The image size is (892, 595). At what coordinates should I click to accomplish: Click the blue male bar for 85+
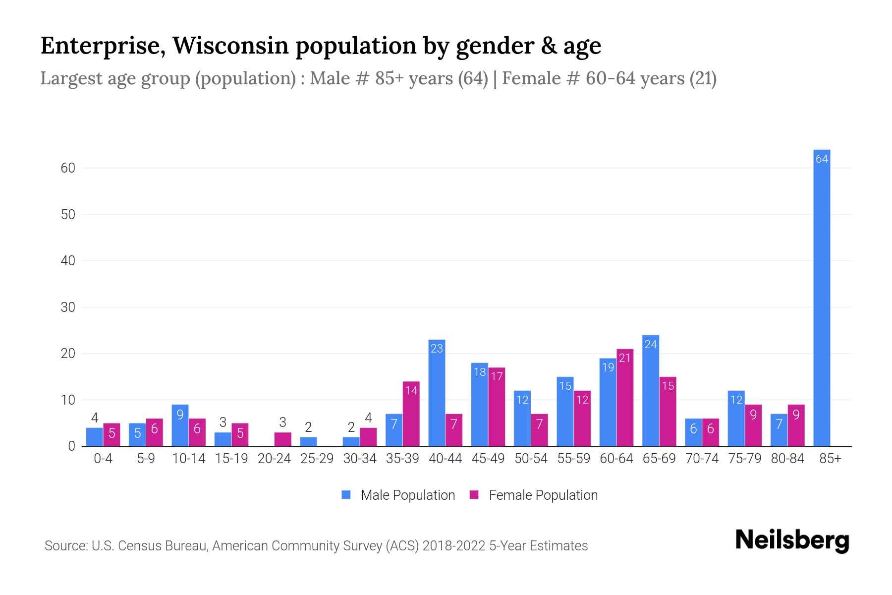822,297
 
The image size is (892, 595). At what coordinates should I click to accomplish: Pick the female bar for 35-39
411,414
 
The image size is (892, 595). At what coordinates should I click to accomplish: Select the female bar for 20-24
282,439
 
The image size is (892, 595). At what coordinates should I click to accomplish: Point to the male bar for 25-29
308,442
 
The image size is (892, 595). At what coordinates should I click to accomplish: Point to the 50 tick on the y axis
68,215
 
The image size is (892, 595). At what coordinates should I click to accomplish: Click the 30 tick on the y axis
68,307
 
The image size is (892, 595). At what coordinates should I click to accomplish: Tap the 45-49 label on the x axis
488,459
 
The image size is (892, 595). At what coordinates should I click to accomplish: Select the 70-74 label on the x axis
702,459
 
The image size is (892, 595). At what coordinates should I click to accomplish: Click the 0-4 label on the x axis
103,459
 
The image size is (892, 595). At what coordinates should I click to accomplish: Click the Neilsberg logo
792,540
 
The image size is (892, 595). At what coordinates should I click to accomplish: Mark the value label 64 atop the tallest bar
822,159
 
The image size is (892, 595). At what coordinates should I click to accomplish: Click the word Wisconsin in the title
230,46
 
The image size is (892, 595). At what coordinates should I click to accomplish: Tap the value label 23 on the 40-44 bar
437,349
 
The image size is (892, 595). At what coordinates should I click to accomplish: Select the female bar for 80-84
796,425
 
